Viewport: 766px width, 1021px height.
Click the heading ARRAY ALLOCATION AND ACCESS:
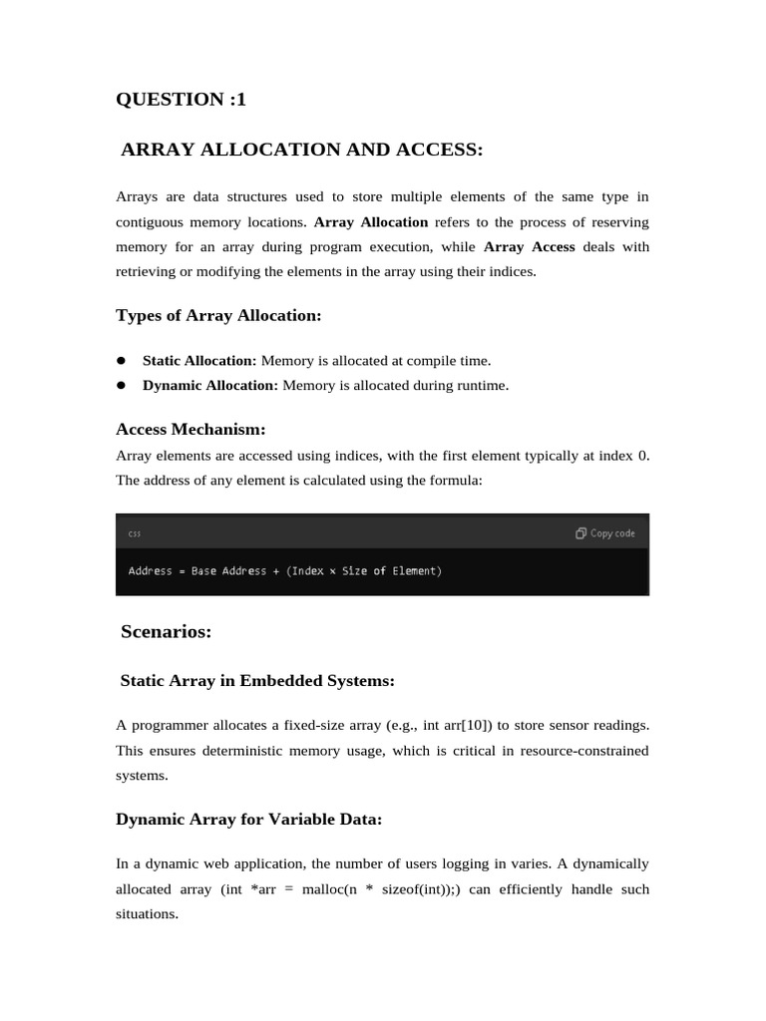301,150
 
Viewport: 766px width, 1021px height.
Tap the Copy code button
605,533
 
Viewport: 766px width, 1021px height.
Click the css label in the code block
135,534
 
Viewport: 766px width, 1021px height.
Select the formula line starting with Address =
284,571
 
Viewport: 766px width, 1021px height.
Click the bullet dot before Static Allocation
121,360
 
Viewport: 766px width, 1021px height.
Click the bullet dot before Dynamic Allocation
121,385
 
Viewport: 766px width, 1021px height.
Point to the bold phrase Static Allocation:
199,361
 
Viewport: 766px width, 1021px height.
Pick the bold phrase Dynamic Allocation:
210,386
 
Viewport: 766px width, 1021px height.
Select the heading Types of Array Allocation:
218,316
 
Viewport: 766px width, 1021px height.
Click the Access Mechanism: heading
191,430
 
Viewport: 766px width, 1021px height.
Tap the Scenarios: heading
166,631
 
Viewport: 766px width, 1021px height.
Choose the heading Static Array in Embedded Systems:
257,681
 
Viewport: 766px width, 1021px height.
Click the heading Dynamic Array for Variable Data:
249,820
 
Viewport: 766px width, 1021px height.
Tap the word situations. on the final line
147,914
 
